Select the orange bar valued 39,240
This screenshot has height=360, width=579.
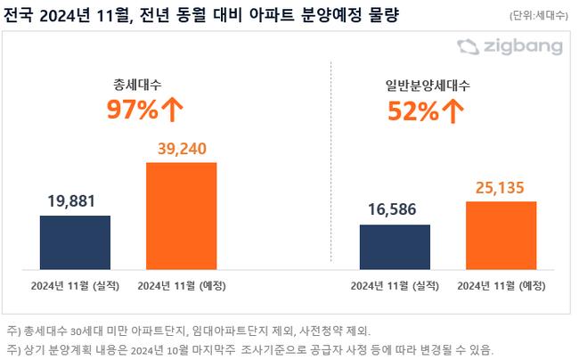click(x=181, y=213)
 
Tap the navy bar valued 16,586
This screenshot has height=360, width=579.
click(x=395, y=244)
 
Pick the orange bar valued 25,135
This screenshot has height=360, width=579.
click(x=502, y=233)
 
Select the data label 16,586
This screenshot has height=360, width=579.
click(x=395, y=209)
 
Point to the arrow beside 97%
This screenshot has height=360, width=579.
click(x=173, y=110)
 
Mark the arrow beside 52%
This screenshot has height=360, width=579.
click(x=453, y=111)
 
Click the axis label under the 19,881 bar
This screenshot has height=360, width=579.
click(x=75, y=285)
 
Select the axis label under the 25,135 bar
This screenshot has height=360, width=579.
click(x=501, y=285)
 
